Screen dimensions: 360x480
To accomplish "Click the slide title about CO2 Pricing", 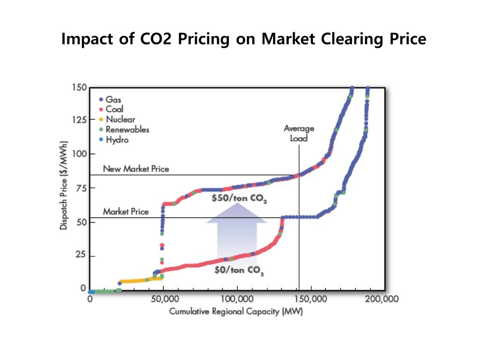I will point(244,39).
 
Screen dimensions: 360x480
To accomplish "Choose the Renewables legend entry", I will point(124,129).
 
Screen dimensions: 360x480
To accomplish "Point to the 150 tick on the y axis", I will point(79,87).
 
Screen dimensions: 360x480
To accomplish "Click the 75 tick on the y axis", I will point(81,188).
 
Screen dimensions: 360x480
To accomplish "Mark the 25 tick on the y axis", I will point(81,256).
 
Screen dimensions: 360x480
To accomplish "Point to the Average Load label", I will point(299,133).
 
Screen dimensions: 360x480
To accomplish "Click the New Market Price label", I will point(136,168).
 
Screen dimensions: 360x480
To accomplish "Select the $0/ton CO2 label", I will point(239,270).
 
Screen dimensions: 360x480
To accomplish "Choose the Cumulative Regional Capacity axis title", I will point(236,312).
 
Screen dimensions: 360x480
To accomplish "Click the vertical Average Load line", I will point(299,234).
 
